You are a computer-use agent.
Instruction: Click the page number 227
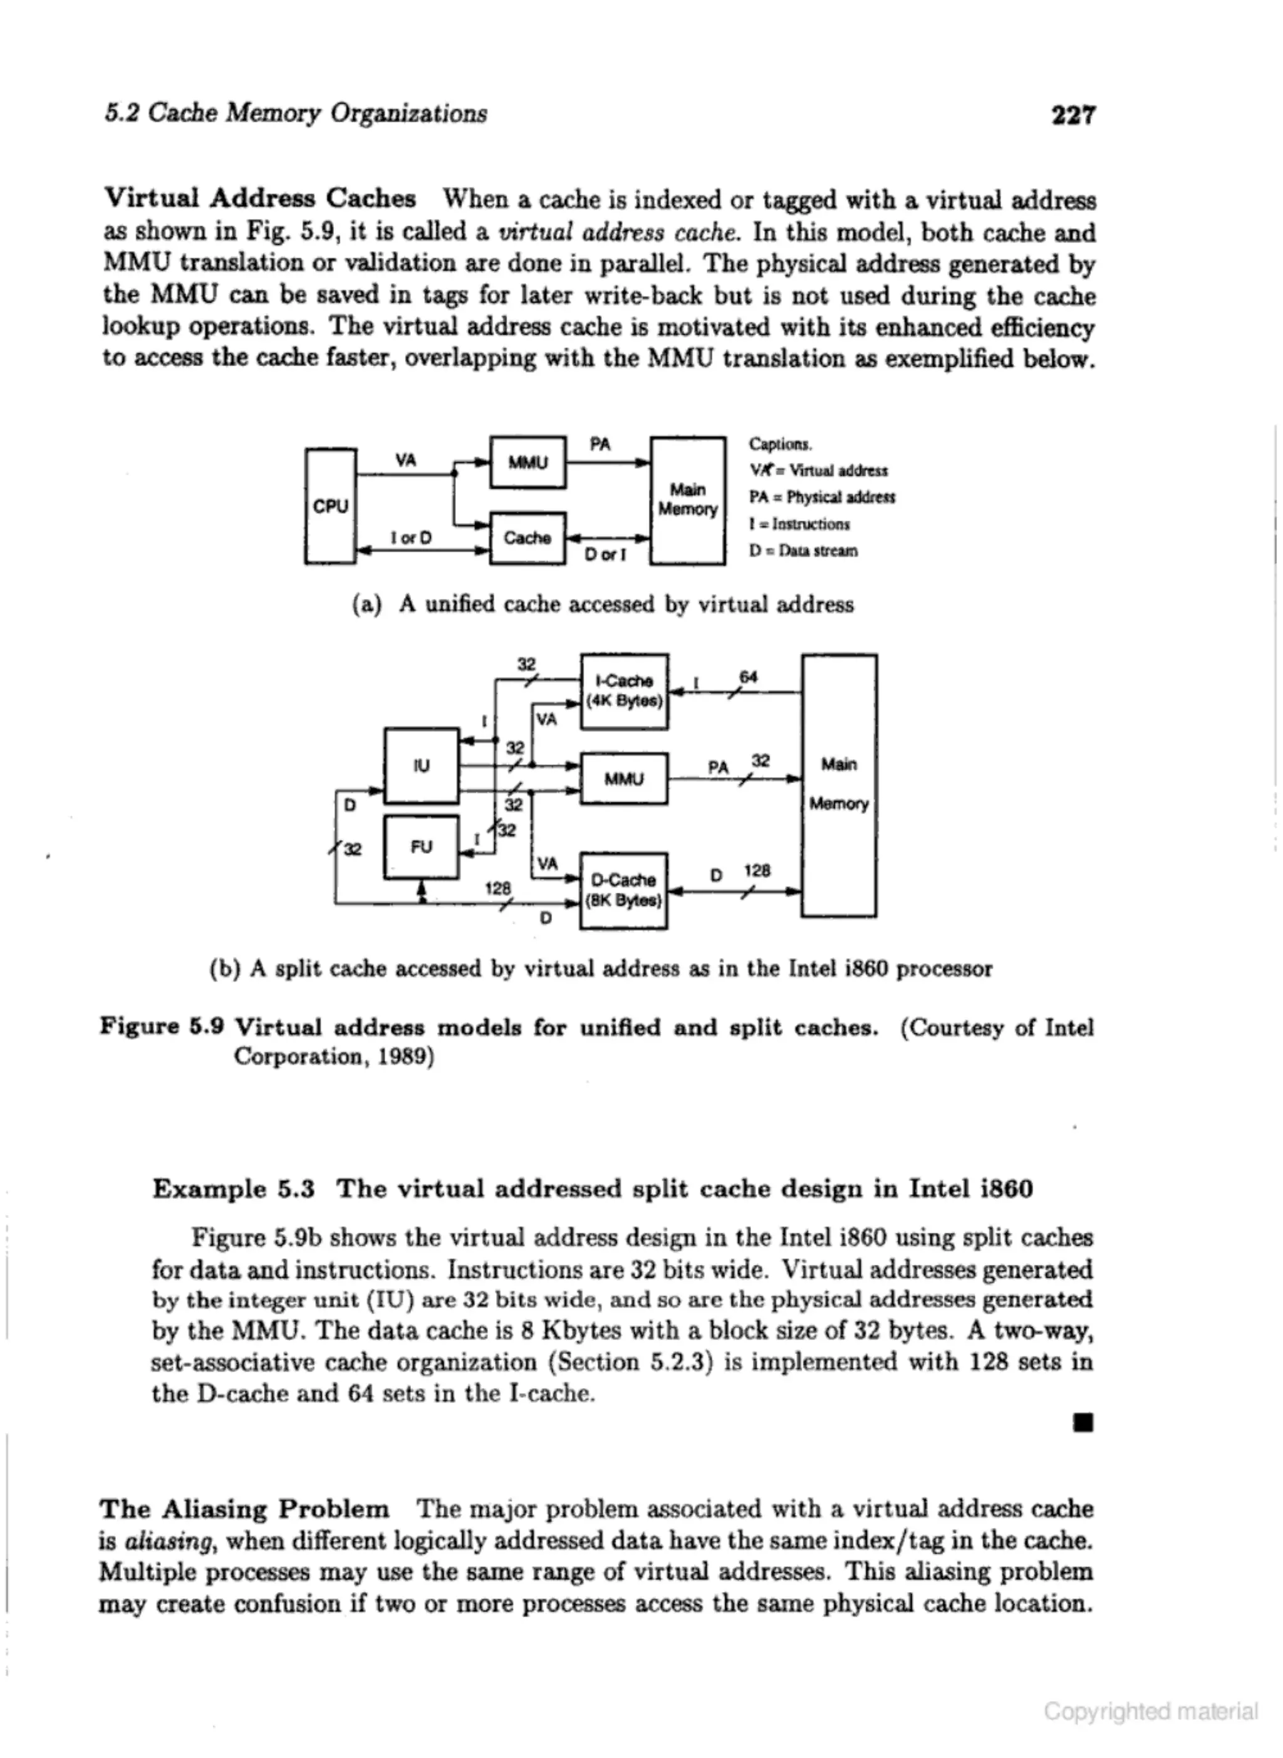[x=1073, y=115]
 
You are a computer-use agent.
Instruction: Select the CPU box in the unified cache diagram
[x=331, y=506]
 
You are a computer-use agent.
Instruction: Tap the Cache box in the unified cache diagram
[x=527, y=538]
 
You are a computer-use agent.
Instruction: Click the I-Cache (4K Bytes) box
[x=625, y=691]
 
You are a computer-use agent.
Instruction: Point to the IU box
[x=422, y=766]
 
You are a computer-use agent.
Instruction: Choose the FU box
[x=422, y=846]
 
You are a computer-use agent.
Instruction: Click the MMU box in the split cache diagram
[x=625, y=778]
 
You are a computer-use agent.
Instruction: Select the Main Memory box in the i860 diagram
[x=839, y=784]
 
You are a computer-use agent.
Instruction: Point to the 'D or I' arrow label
[x=605, y=554]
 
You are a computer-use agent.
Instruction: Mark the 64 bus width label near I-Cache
[x=748, y=677]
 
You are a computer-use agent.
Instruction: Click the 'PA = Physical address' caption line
[x=822, y=497]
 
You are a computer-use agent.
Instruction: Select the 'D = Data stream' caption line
[x=803, y=551]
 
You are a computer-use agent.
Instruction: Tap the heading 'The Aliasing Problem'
[x=245, y=1509]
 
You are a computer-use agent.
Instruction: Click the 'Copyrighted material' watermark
[x=1150, y=1710]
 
